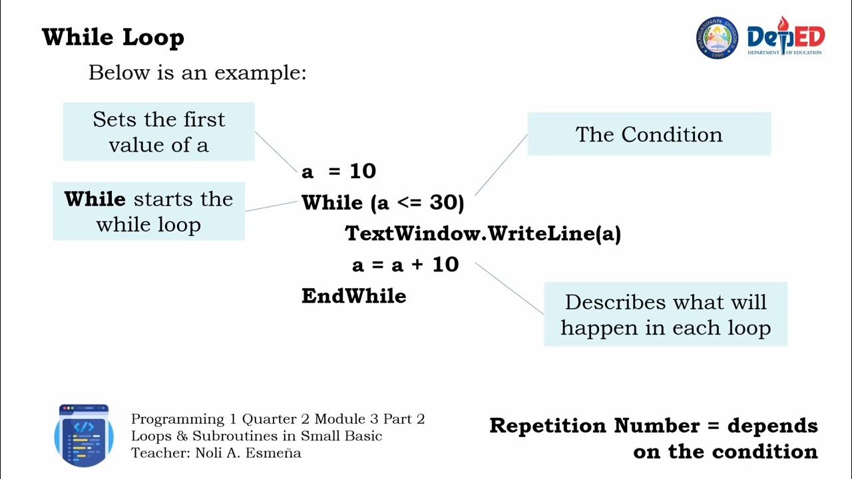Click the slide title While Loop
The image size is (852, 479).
click(x=112, y=37)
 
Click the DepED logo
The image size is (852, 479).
click(x=785, y=38)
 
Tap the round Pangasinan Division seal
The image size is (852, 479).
click(x=717, y=38)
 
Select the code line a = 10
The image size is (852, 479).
click(x=339, y=172)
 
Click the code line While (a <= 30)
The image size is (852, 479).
click(x=383, y=203)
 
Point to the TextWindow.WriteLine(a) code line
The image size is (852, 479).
click(x=483, y=234)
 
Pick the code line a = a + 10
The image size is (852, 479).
click(x=405, y=265)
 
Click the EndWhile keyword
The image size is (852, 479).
click(x=353, y=296)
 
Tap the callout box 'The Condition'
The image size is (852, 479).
click(x=649, y=134)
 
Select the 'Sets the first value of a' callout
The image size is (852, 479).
click(x=158, y=132)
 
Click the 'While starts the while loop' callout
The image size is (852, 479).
click(x=148, y=212)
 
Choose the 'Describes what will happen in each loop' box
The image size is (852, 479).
click(x=666, y=314)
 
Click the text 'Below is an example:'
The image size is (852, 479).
click(x=197, y=73)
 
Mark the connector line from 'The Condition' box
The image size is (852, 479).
click(x=501, y=164)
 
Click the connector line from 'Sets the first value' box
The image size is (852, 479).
click(x=277, y=152)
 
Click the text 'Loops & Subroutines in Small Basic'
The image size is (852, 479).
click(x=256, y=436)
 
